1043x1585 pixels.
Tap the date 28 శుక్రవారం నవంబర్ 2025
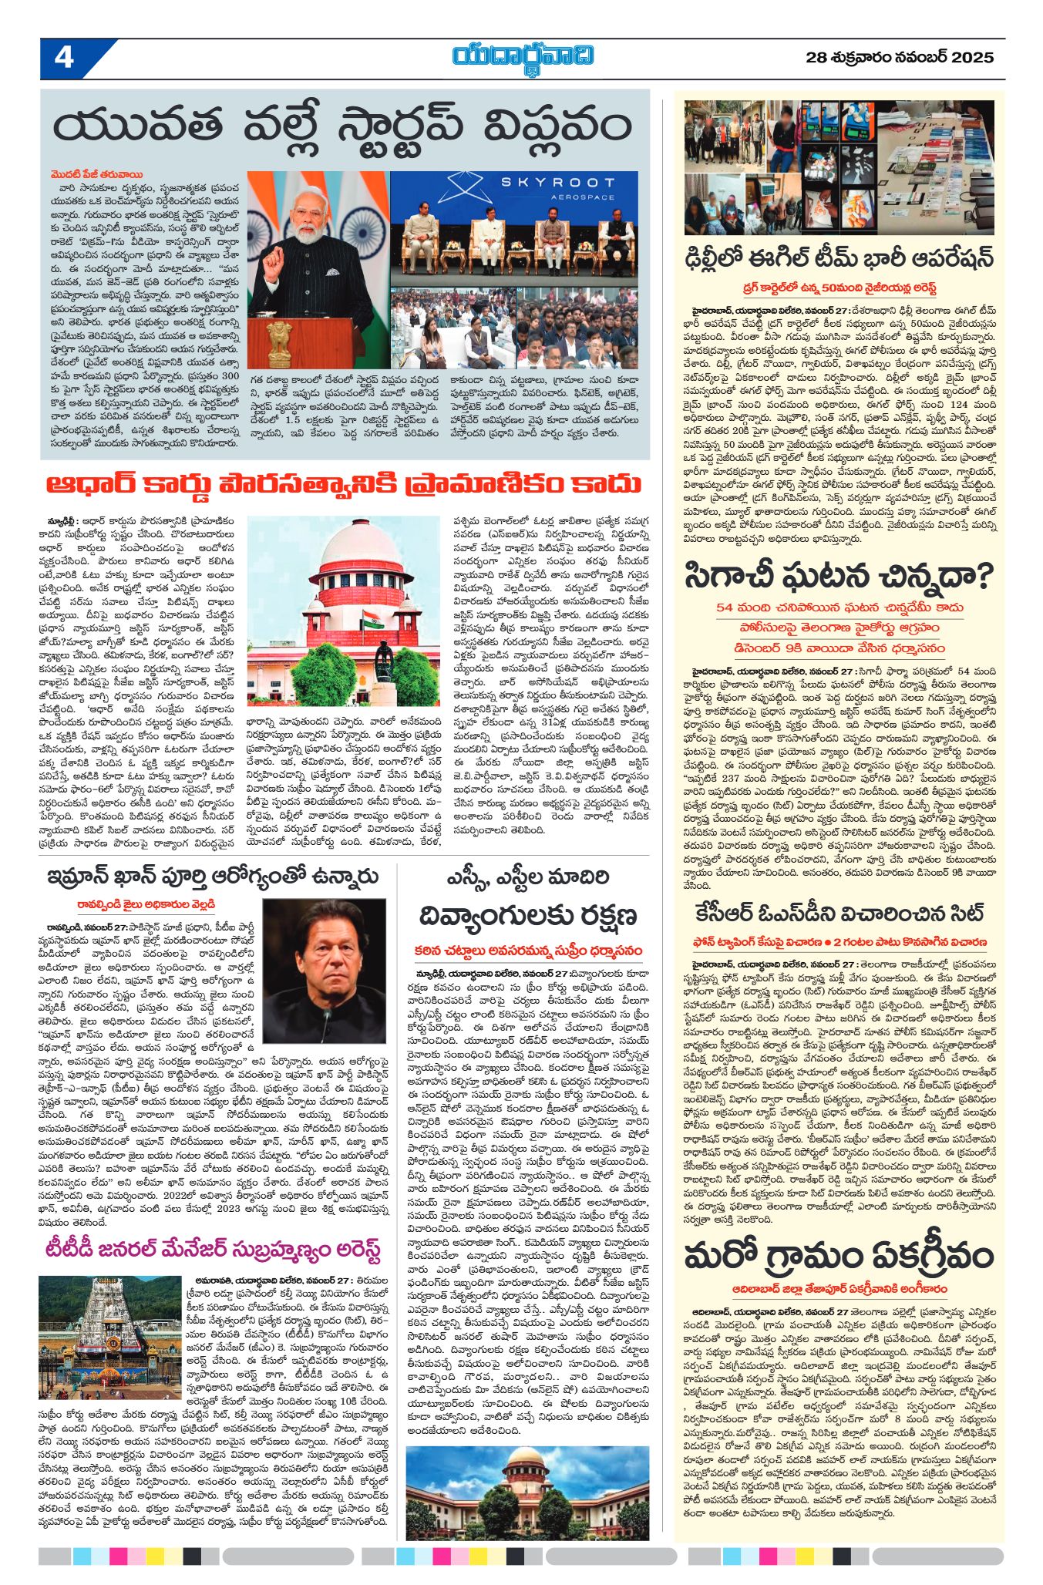coord(900,58)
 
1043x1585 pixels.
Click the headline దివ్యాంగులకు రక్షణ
coord(528,916)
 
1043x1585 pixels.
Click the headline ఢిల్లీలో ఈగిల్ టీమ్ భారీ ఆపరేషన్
coord(839,257)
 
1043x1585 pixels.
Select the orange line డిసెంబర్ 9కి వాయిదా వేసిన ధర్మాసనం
coord(839,648)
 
